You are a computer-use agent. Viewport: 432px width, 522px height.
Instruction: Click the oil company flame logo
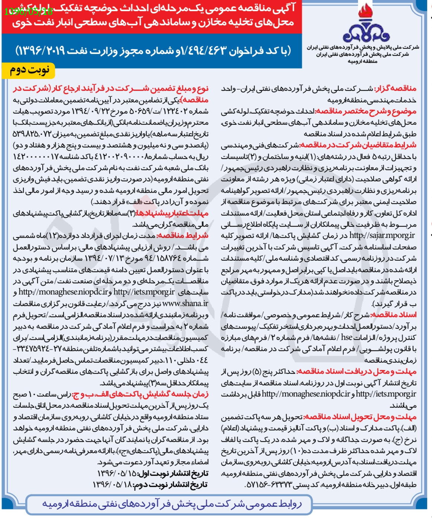(x=366, y=24)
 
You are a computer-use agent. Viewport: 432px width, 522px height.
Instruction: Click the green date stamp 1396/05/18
(x=29, y=12)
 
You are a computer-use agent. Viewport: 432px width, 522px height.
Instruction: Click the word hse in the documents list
(x=346, y=337)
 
